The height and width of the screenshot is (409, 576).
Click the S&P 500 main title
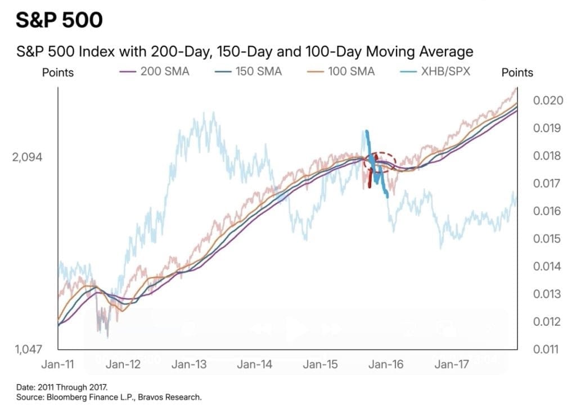click(x=59, y=20)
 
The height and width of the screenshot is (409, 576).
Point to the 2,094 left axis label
click(x=27, y=157)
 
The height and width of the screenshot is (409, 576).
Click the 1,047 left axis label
click(x=27, y=349)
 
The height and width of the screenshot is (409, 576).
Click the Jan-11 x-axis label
click(x=58, y=364)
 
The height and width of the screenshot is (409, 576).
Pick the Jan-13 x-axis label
click(x=190, y=364)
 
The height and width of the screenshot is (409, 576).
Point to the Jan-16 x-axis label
click(x=386, y=364)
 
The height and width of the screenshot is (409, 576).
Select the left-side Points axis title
click(x=58, y=72)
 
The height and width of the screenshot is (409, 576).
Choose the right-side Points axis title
click(x=517, y=72)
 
